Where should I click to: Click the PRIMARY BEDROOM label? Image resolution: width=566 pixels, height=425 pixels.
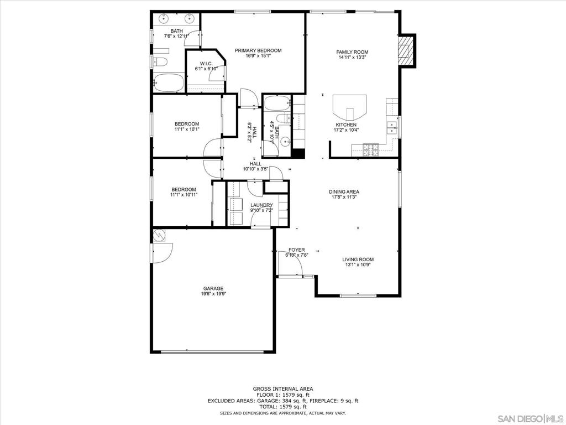point(258,50)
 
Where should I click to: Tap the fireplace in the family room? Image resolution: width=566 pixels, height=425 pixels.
point(407,50)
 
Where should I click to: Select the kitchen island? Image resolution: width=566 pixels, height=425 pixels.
point(350,107)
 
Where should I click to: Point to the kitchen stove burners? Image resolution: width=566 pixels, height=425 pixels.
point(371,149)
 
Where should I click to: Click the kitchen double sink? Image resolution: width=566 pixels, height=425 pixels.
point(392,127)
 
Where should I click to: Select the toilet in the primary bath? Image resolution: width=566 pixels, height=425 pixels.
point(160,62)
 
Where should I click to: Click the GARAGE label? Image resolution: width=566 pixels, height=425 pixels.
point(213,288)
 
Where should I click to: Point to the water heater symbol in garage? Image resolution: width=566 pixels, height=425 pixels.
point(159,235)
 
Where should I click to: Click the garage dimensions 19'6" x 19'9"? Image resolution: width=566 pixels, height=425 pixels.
point(213,294)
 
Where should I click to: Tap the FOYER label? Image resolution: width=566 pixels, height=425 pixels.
point(297,250)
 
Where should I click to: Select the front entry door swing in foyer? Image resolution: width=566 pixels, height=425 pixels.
point(291,263)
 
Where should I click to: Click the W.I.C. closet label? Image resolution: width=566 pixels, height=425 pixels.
point(206,63)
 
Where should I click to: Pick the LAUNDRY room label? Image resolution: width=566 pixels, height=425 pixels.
point(261,205)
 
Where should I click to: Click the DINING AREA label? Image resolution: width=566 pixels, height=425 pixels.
point(344,192)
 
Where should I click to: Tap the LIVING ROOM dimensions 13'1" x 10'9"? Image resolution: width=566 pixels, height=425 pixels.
point(358,265)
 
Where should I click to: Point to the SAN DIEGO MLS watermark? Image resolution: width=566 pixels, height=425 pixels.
point(530,418)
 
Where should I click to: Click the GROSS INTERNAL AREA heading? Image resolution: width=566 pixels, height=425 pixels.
point(283,389)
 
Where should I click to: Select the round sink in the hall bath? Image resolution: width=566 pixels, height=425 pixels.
point(285,142)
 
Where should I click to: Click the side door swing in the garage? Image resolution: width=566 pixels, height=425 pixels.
point(163,253)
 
